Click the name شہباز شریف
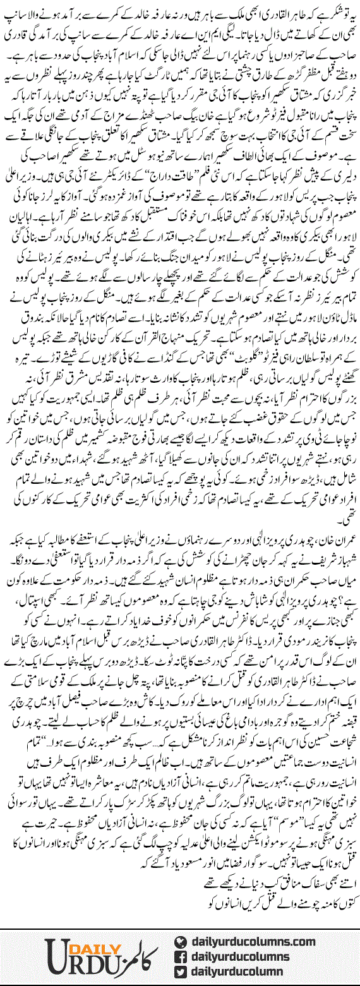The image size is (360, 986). tap(334, 545)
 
